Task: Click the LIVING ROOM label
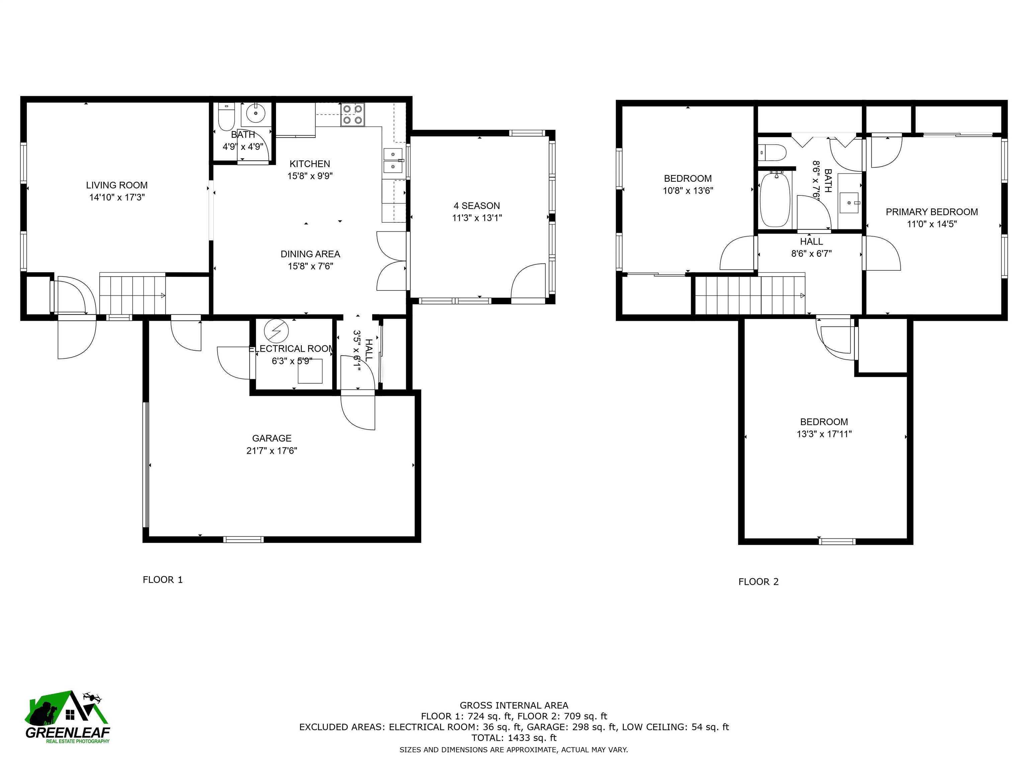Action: pyautogui.click(x=117, y=185)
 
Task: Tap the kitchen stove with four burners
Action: pyautogui.click(x=353, y=114)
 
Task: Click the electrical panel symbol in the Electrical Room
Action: pyautogui.click(x=276, y=331)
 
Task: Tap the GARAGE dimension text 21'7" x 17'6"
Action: pyautogui.click(x=272, y=450)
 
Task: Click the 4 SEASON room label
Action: pyautogui.click(x=477, y=205)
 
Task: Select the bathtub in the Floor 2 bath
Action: pyautogui.click(x=775, y=199)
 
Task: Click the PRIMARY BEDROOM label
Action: pyautogui.click(x=932, y=212)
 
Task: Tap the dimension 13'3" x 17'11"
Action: pyautogui.click(x=824, y=434)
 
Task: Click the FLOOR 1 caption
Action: pyautogui.click(x=163, y=580)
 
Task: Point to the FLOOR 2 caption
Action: pyautogui.click(x=759, y=581)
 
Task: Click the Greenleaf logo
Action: pyautogui.click(x=68, y=717)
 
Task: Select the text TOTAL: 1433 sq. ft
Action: pyautogui.click(x=514, y=738)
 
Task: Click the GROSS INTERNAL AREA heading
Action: pyautogui.click(x=514, y=705)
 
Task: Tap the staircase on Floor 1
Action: pyautogui.click(x=133, y=294)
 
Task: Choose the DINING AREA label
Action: pyautogui.click(x=311, y=254)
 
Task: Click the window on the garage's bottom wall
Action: pyautogui.click(x=244, y=539)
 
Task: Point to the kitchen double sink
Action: pyautogui.click(x=393, y=160)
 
